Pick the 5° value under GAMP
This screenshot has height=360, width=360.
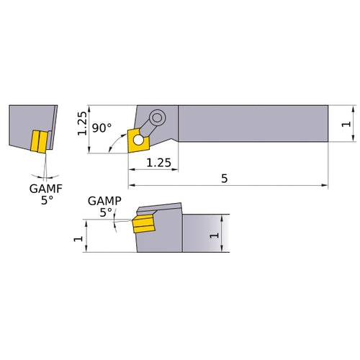[x=106, y=212]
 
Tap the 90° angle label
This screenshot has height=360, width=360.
[x=102, y=128]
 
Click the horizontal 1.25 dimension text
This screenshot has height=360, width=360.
[x=158, y=163]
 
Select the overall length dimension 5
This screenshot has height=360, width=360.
[x=225, y=179]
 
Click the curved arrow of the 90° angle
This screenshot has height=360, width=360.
[x=114, y=146]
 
